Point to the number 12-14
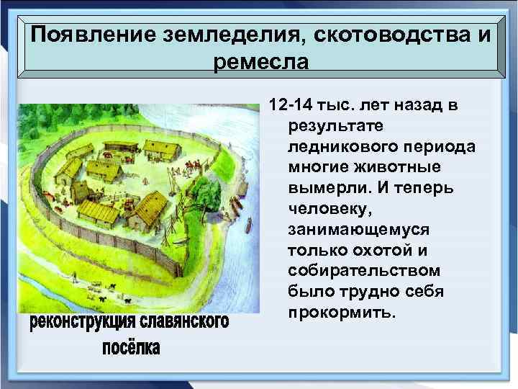tap(291, 107)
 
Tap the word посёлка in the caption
tap(130, 349)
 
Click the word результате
tap(328, 126)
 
